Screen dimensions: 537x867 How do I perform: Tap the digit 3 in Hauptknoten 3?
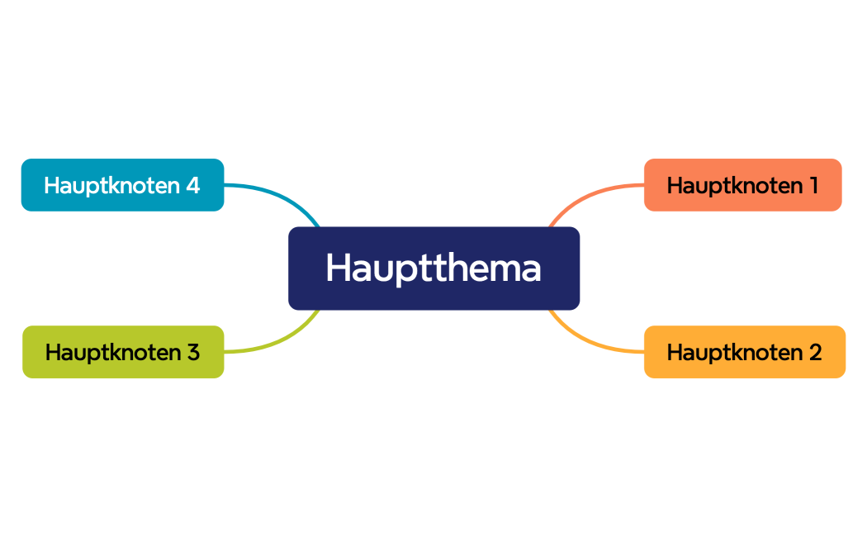pos(192,353)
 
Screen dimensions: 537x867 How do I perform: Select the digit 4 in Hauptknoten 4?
pos(192,185)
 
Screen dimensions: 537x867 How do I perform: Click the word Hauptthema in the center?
pos(433,268)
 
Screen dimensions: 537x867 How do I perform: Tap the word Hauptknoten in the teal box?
pos(111,185)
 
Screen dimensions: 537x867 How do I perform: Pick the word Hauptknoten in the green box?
pos(111,353)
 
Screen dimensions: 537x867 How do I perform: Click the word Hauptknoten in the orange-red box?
pos(732,185)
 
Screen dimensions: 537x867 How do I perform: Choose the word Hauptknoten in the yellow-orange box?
pos(733,353)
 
